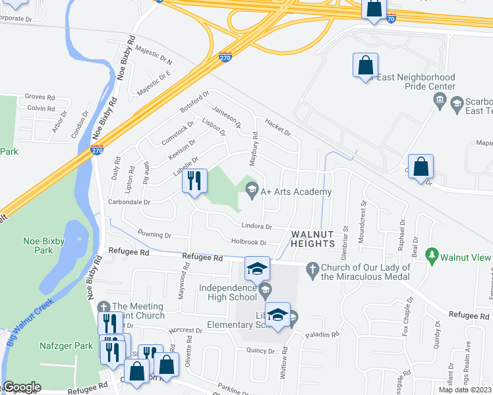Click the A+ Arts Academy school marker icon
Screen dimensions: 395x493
pos(251,192)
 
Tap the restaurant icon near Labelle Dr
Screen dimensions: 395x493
pos(194,180)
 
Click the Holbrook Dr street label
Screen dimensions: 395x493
pos(248,242)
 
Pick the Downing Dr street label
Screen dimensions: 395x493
pos(154,234)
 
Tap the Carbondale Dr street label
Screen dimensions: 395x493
pos(129,203)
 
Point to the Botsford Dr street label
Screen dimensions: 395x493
pos(194,101)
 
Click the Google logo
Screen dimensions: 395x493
pos(22,387)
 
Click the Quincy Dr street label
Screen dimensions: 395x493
pos(260,351)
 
